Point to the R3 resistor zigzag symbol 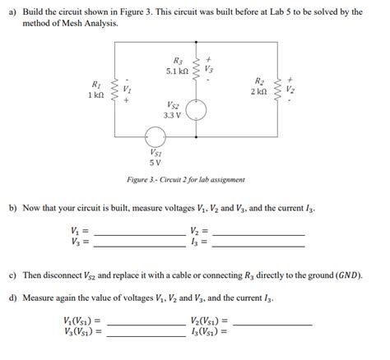[x=197, y=64]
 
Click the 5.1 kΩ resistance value [x=179, y=71]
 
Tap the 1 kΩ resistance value [x=94, y=95]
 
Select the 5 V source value [x=155, y=161]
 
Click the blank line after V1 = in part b [x=140, y=234]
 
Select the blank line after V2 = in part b [x=258, y=234]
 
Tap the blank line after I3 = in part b [x=258, y=245]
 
